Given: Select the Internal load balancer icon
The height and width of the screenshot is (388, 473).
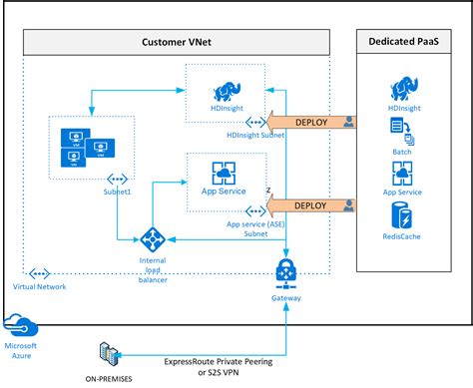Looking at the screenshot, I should (153, 239).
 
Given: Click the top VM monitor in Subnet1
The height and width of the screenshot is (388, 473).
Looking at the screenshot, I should (73, 137).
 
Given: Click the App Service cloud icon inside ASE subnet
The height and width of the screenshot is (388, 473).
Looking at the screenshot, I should (224, 171).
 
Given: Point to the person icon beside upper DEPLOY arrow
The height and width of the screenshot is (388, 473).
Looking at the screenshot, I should (349, 122).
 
